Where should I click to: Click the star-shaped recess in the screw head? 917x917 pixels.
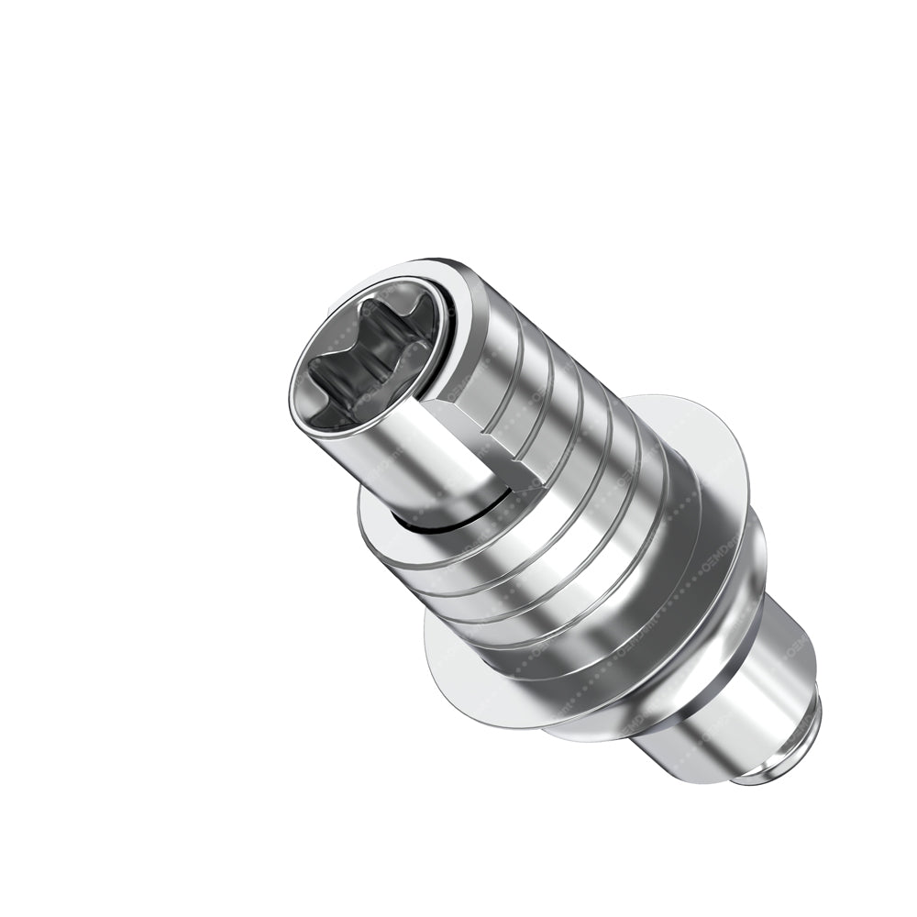pos(367,358)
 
